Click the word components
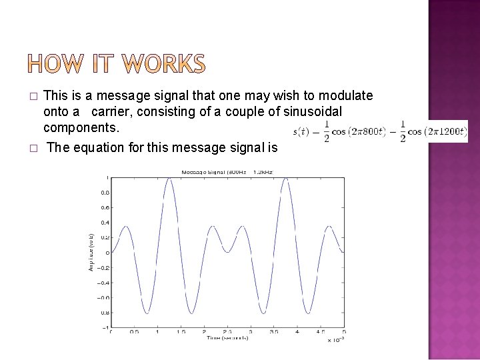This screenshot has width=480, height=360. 81,126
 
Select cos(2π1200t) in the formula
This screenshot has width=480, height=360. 438,131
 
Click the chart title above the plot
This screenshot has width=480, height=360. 227,173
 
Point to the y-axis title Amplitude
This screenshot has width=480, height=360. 90,252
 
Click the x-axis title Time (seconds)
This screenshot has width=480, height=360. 227,337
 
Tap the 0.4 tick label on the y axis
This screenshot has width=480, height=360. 105,222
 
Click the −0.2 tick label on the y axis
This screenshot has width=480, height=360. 103,267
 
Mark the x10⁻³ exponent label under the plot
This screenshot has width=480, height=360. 335,339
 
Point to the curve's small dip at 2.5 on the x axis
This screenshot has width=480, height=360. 227,251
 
